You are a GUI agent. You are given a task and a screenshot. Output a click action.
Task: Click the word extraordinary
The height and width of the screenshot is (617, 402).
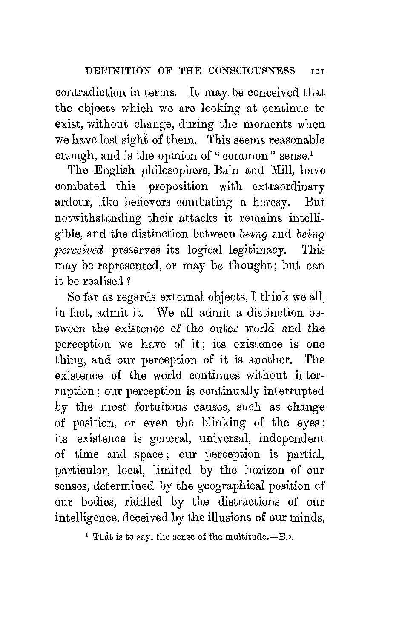click(x=288, y=187)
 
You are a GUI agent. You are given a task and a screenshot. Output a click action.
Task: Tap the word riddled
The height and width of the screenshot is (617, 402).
click(x=144, y=502)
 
